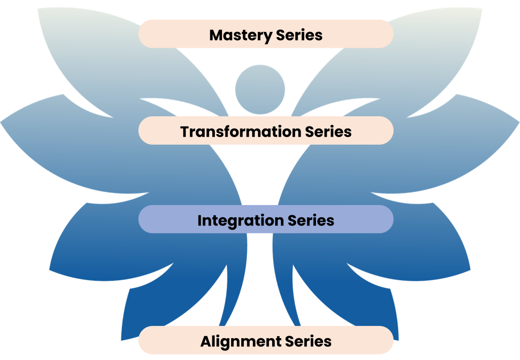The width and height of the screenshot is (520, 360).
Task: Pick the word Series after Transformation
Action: point(328,132)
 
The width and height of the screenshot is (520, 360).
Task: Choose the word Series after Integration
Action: point(311,221)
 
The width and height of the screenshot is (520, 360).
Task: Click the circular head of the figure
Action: point(259,89)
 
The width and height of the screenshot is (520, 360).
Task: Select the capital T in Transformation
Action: point(185,132)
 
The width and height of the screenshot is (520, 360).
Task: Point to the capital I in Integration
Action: point(200,221)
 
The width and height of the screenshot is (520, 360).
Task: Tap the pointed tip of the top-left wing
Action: point(38,9)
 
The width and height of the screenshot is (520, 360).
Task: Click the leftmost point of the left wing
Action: point(2,122)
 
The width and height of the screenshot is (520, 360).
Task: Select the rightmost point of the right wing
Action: point(518,122)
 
